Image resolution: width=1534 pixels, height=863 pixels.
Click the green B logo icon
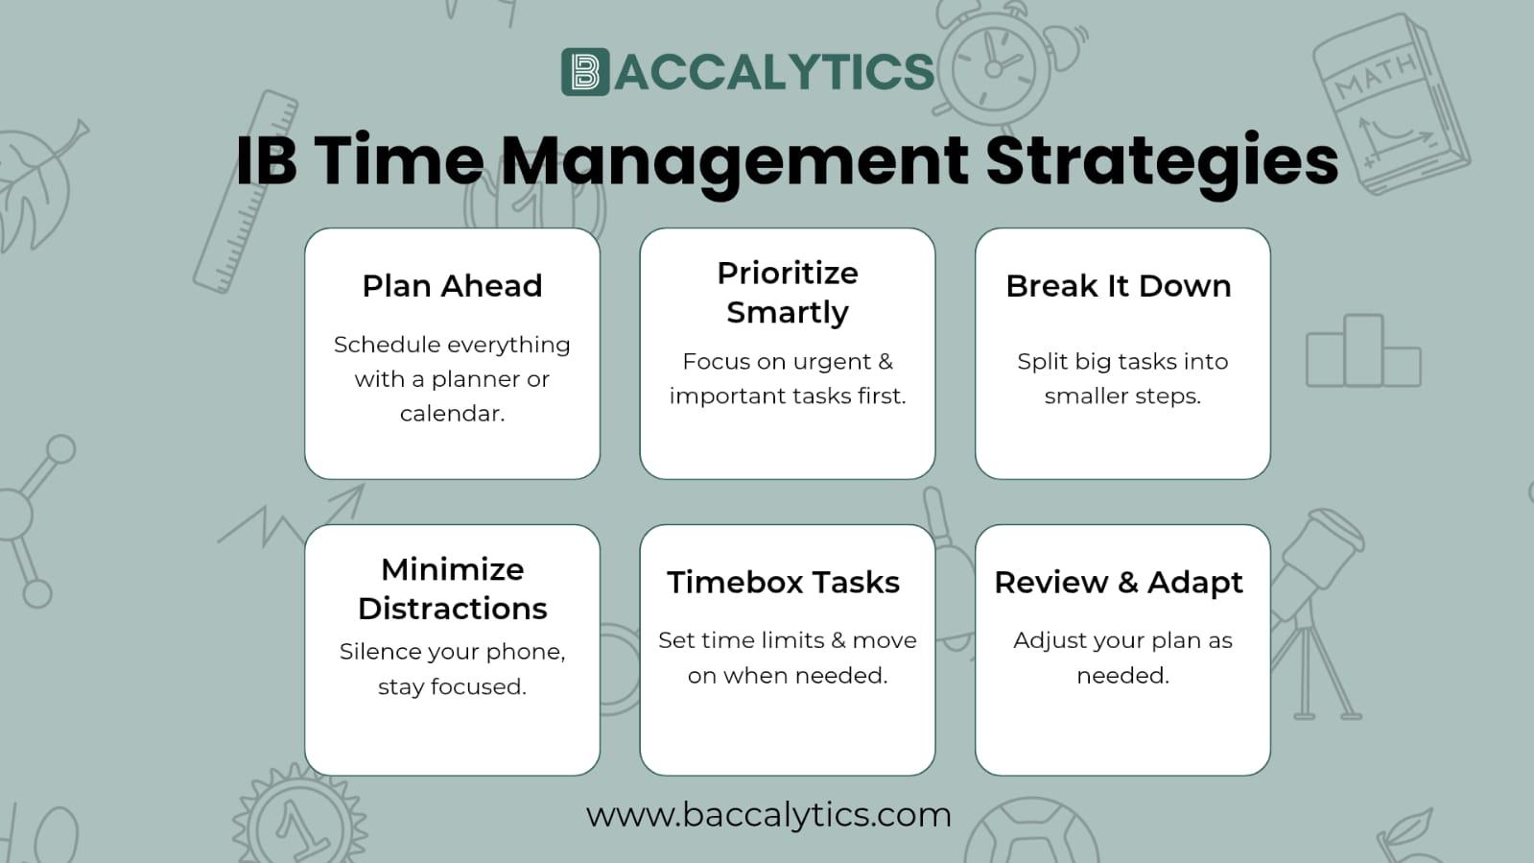[585, 71]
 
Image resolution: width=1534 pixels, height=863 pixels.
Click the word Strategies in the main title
[1162, 162]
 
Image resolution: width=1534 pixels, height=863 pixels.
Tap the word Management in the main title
[734, 162]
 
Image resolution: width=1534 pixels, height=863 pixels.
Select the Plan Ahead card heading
[452, 286]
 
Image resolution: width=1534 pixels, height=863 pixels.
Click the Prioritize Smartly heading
[788, 293]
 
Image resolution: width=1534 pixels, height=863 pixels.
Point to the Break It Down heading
[1119, 286]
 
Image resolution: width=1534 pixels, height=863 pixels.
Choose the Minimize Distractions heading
[452, 588]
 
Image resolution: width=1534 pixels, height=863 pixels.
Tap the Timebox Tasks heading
[784, 582]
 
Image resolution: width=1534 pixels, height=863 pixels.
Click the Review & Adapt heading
[1119, 582]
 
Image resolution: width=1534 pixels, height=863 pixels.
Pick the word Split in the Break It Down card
[1042, 362]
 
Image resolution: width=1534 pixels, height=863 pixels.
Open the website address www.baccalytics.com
[769, 815]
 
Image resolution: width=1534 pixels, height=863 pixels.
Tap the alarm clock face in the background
[994, 67]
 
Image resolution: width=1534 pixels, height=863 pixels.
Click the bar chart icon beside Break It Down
[1363, 351]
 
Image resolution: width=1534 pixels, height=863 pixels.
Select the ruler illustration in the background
[246, 192]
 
